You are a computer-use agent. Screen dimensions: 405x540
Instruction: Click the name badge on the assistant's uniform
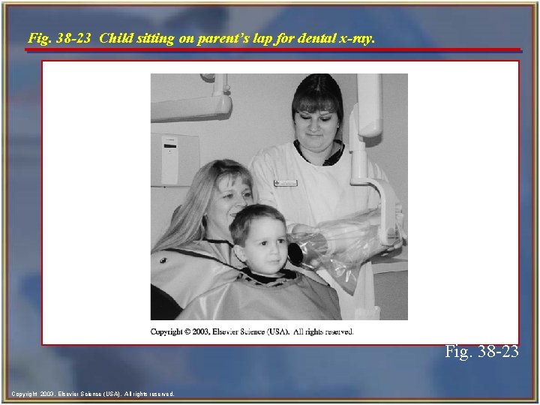pos(286,182)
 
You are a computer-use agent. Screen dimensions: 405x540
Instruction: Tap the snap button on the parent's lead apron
pos(163,259)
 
